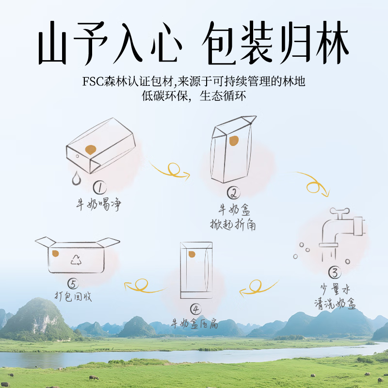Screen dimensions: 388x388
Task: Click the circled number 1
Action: [100, 188]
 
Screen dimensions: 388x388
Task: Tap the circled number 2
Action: [234, 193]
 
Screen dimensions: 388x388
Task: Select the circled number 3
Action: [335, 273]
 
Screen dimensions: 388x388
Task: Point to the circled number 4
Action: [196, 309]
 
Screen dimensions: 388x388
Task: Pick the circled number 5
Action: [73, 284]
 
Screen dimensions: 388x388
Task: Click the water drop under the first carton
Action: [77, 178]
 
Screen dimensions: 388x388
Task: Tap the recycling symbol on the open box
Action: [76, 260]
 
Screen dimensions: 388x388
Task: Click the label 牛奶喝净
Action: [98, 204]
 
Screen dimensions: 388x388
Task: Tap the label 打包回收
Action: [73, 296]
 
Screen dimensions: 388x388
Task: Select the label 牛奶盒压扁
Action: [195, 323]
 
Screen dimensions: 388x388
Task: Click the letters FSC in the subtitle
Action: [93, 81]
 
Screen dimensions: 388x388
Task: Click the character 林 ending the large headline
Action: [332, 43]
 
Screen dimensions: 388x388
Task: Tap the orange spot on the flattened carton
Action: [192, 254]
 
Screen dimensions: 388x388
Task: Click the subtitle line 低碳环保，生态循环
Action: [194, 96]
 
